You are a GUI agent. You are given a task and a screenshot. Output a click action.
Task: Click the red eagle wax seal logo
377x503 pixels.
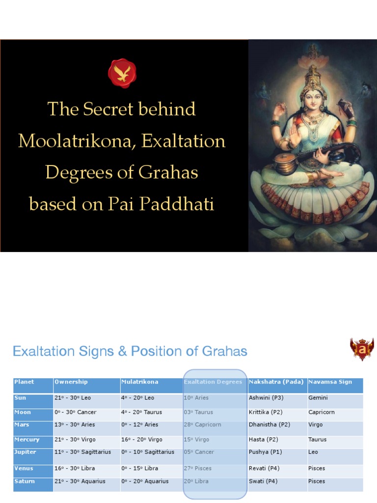tap(122, 73)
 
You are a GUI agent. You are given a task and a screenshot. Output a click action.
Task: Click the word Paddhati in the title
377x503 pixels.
tap(177, 204)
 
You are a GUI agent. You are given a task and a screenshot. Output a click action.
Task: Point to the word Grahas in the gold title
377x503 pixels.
tap(168, 172)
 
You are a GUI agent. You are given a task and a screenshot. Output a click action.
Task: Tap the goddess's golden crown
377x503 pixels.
tap(313, 77)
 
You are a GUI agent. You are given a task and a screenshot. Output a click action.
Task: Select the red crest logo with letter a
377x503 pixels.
tap(362, 349)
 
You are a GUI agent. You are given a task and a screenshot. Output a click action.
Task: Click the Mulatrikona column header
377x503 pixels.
tap(140, 382)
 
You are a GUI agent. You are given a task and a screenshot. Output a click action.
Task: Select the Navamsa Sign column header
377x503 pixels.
tap(330, 382)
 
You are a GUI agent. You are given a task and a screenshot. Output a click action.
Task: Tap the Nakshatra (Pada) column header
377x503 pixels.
tap(276, 382)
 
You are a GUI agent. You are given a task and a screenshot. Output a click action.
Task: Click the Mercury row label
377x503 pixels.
tap(27, 440)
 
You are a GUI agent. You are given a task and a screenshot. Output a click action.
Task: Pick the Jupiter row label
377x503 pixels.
tap(25, 452)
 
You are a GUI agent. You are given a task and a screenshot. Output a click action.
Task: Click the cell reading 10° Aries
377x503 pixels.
tap(196, 398)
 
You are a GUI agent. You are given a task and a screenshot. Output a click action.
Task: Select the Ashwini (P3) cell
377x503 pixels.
tap(266, 398)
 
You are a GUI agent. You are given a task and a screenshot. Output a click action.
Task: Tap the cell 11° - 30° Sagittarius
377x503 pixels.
tap(82, 452)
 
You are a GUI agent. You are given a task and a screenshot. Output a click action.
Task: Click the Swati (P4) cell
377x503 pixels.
tap(263, 481)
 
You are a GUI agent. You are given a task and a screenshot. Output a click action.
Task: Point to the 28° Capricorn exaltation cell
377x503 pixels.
tap(202, 425)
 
